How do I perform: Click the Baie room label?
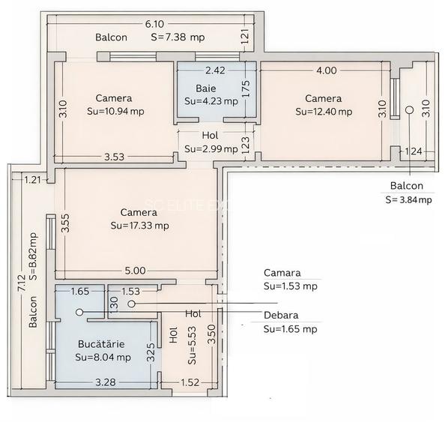pos(205,88)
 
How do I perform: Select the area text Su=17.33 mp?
pos(139,225)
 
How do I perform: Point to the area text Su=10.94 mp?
pos(114,111)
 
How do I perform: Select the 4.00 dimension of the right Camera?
pos(327,70)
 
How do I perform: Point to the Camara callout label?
pos(281,273)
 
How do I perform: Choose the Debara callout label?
pos(280,315)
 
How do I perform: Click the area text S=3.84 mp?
pos(408,199)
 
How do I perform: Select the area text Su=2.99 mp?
pos(211,148)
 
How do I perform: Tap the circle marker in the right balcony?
pos(409,110)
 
